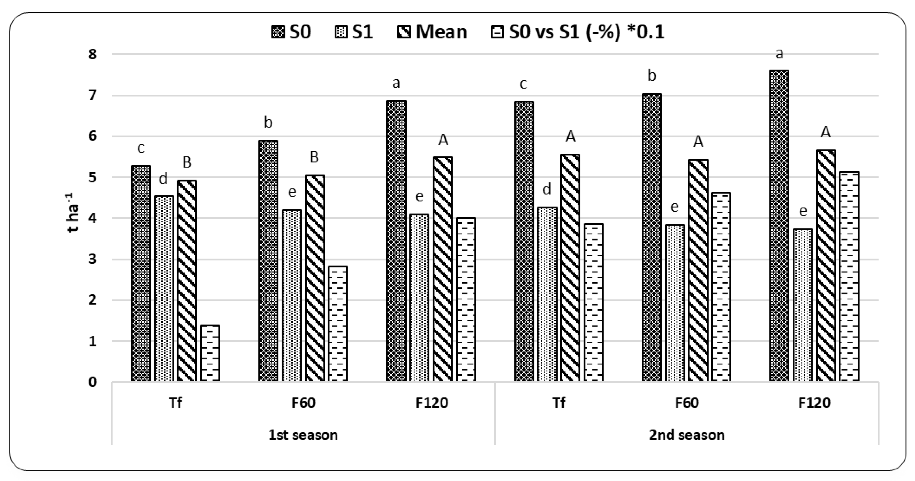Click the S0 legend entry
pos(291,32)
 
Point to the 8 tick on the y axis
pos(92,54)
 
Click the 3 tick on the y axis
pos(92,259)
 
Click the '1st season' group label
pos(303,435)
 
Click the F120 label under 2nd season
pos(814,403)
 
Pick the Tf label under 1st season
pos(176,403)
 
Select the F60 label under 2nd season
pos(687,403)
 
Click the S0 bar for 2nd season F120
pos(779,226)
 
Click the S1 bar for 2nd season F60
pos(675,302)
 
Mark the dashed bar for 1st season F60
pos(338,323)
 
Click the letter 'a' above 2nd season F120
pos(779,54)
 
